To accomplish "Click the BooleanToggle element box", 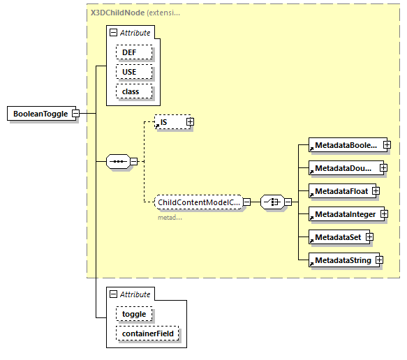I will click(x=41, y=114).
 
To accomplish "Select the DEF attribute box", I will click(x=130, y=52).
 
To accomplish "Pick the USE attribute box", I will click(x=130, y=72).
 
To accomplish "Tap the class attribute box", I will click(x=131, y=91).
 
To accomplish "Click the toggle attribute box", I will click(x=134, y=314).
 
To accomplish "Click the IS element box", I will click(x=169, y=122).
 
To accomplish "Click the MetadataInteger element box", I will click(x=344, y=214).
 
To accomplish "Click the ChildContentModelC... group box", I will click(x=198, y=202).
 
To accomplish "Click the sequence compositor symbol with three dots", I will click(x=118, y=162).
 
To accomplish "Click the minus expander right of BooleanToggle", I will click(x=75, y=114).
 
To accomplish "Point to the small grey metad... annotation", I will click(x=170, y=217).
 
